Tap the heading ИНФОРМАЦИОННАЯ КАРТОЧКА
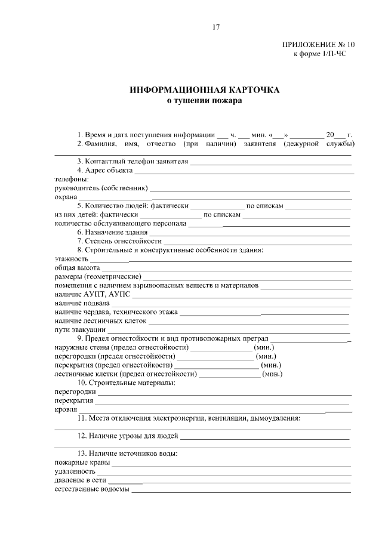pos(205,90)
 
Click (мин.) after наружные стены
pos(264,347)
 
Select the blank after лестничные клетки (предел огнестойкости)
pos(229,374)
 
